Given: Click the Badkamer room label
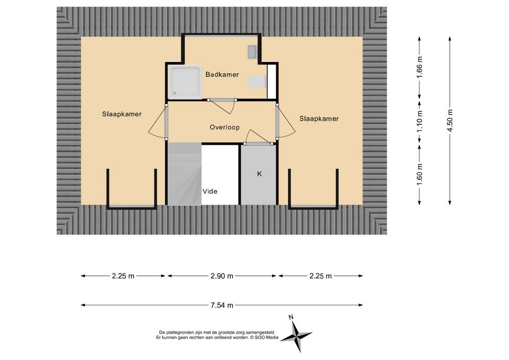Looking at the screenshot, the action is tap(222, 75).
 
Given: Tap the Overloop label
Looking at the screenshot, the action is tap(225, 127).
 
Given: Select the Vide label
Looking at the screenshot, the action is tap(210, 191).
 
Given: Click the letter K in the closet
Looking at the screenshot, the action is tap(259, 174).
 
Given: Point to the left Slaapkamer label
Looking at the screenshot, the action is tap(122, 114).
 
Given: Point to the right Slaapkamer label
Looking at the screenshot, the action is tap(319, 119).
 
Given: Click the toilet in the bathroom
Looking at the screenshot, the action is tap(257, 82).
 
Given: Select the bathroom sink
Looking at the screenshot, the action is tap(253, 52).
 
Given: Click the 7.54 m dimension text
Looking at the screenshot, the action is tap(222, 305).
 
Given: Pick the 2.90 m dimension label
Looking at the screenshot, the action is tap(222, 276).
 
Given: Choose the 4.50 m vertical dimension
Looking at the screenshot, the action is tap(450, 120).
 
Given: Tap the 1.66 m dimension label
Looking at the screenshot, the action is tap(420, 67).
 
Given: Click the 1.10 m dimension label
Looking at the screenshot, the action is tap(420, 121).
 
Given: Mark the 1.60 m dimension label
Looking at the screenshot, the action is tap(420, 174).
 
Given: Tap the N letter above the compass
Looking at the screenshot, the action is tap(291, 317).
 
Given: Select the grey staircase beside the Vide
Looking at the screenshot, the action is tap(185, 174).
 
